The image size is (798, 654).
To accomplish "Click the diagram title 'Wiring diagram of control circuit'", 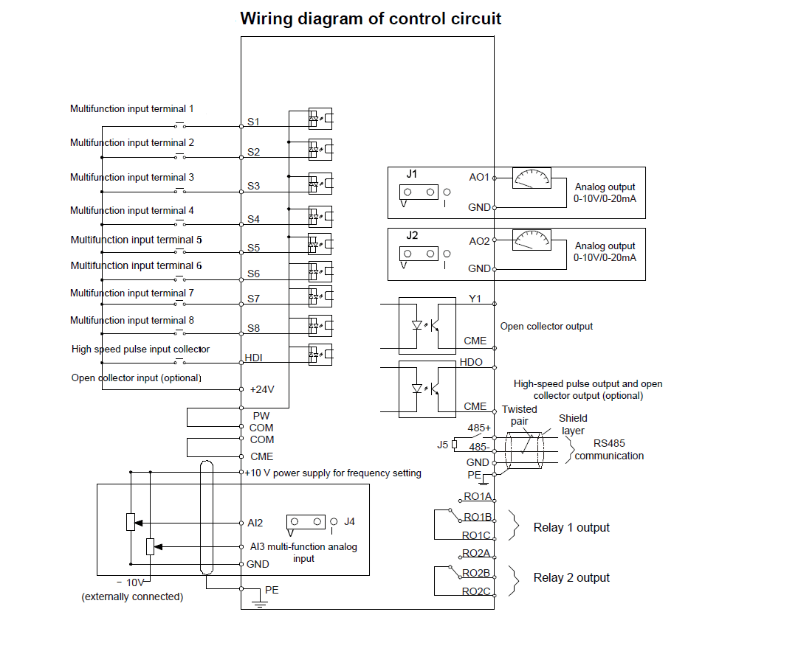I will [x=371, y=18].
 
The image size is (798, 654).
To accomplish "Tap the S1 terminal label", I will [x=253, y=122].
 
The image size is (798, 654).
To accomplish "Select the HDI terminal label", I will [x=253, y=358].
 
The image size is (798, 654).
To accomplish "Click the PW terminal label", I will [x=261, y=416].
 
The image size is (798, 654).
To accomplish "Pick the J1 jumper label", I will [x=411, y=175].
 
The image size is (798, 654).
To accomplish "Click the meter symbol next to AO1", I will [x=532, y=178].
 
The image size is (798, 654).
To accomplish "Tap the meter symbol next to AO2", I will [x=532, y=240].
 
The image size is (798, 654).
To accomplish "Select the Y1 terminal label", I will [x=475, y=299].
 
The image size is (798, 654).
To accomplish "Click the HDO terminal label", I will [x=472, y=363].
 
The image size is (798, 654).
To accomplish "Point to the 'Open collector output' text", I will [x=546, y=326].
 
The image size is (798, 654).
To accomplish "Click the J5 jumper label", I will [x=442, y=444].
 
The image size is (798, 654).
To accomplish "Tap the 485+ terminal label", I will [x=479, y=428].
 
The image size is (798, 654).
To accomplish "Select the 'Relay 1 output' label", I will [x=571, y=527].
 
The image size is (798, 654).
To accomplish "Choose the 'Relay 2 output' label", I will [x=571, y=577].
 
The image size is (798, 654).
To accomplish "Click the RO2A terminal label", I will [x=476, y=553].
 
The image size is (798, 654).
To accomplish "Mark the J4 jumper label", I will [x=349, y=521].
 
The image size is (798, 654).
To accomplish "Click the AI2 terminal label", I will [x=255, y=523].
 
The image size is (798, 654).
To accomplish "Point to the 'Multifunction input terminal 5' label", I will [x=136, y=240].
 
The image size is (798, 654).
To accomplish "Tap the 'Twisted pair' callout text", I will [x=520, y=415].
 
